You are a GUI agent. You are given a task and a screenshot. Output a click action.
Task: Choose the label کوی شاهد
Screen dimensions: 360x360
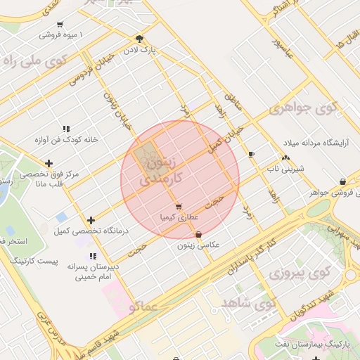click(x=240, y=302)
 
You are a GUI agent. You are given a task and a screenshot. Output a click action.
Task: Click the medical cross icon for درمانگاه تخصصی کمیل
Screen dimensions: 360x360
click(x=91, y=221)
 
